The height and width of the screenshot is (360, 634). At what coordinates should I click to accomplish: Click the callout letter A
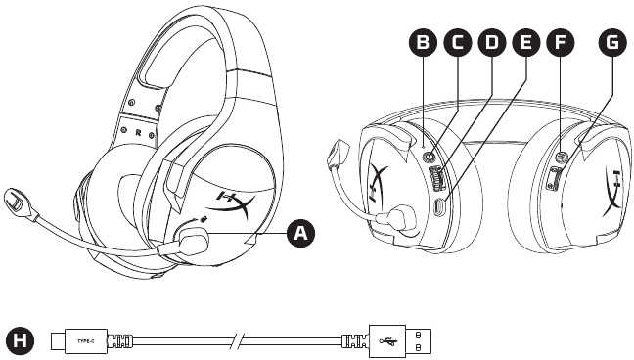[x=300, y=232]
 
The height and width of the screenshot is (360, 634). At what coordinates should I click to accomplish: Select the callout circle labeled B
[x=423, y=43]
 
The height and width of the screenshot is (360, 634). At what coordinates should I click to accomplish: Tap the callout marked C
[x=456, y=43]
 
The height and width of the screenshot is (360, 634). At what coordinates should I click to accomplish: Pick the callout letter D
[x=491, y=43]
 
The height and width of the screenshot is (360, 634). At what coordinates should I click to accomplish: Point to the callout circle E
[x=526, y=43]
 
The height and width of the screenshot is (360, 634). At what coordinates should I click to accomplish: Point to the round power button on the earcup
[x=430, y=154]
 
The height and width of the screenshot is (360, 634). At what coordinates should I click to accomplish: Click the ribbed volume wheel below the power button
[x=437, y=179]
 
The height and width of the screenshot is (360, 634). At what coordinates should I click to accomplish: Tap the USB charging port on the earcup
[x=440, y=207]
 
